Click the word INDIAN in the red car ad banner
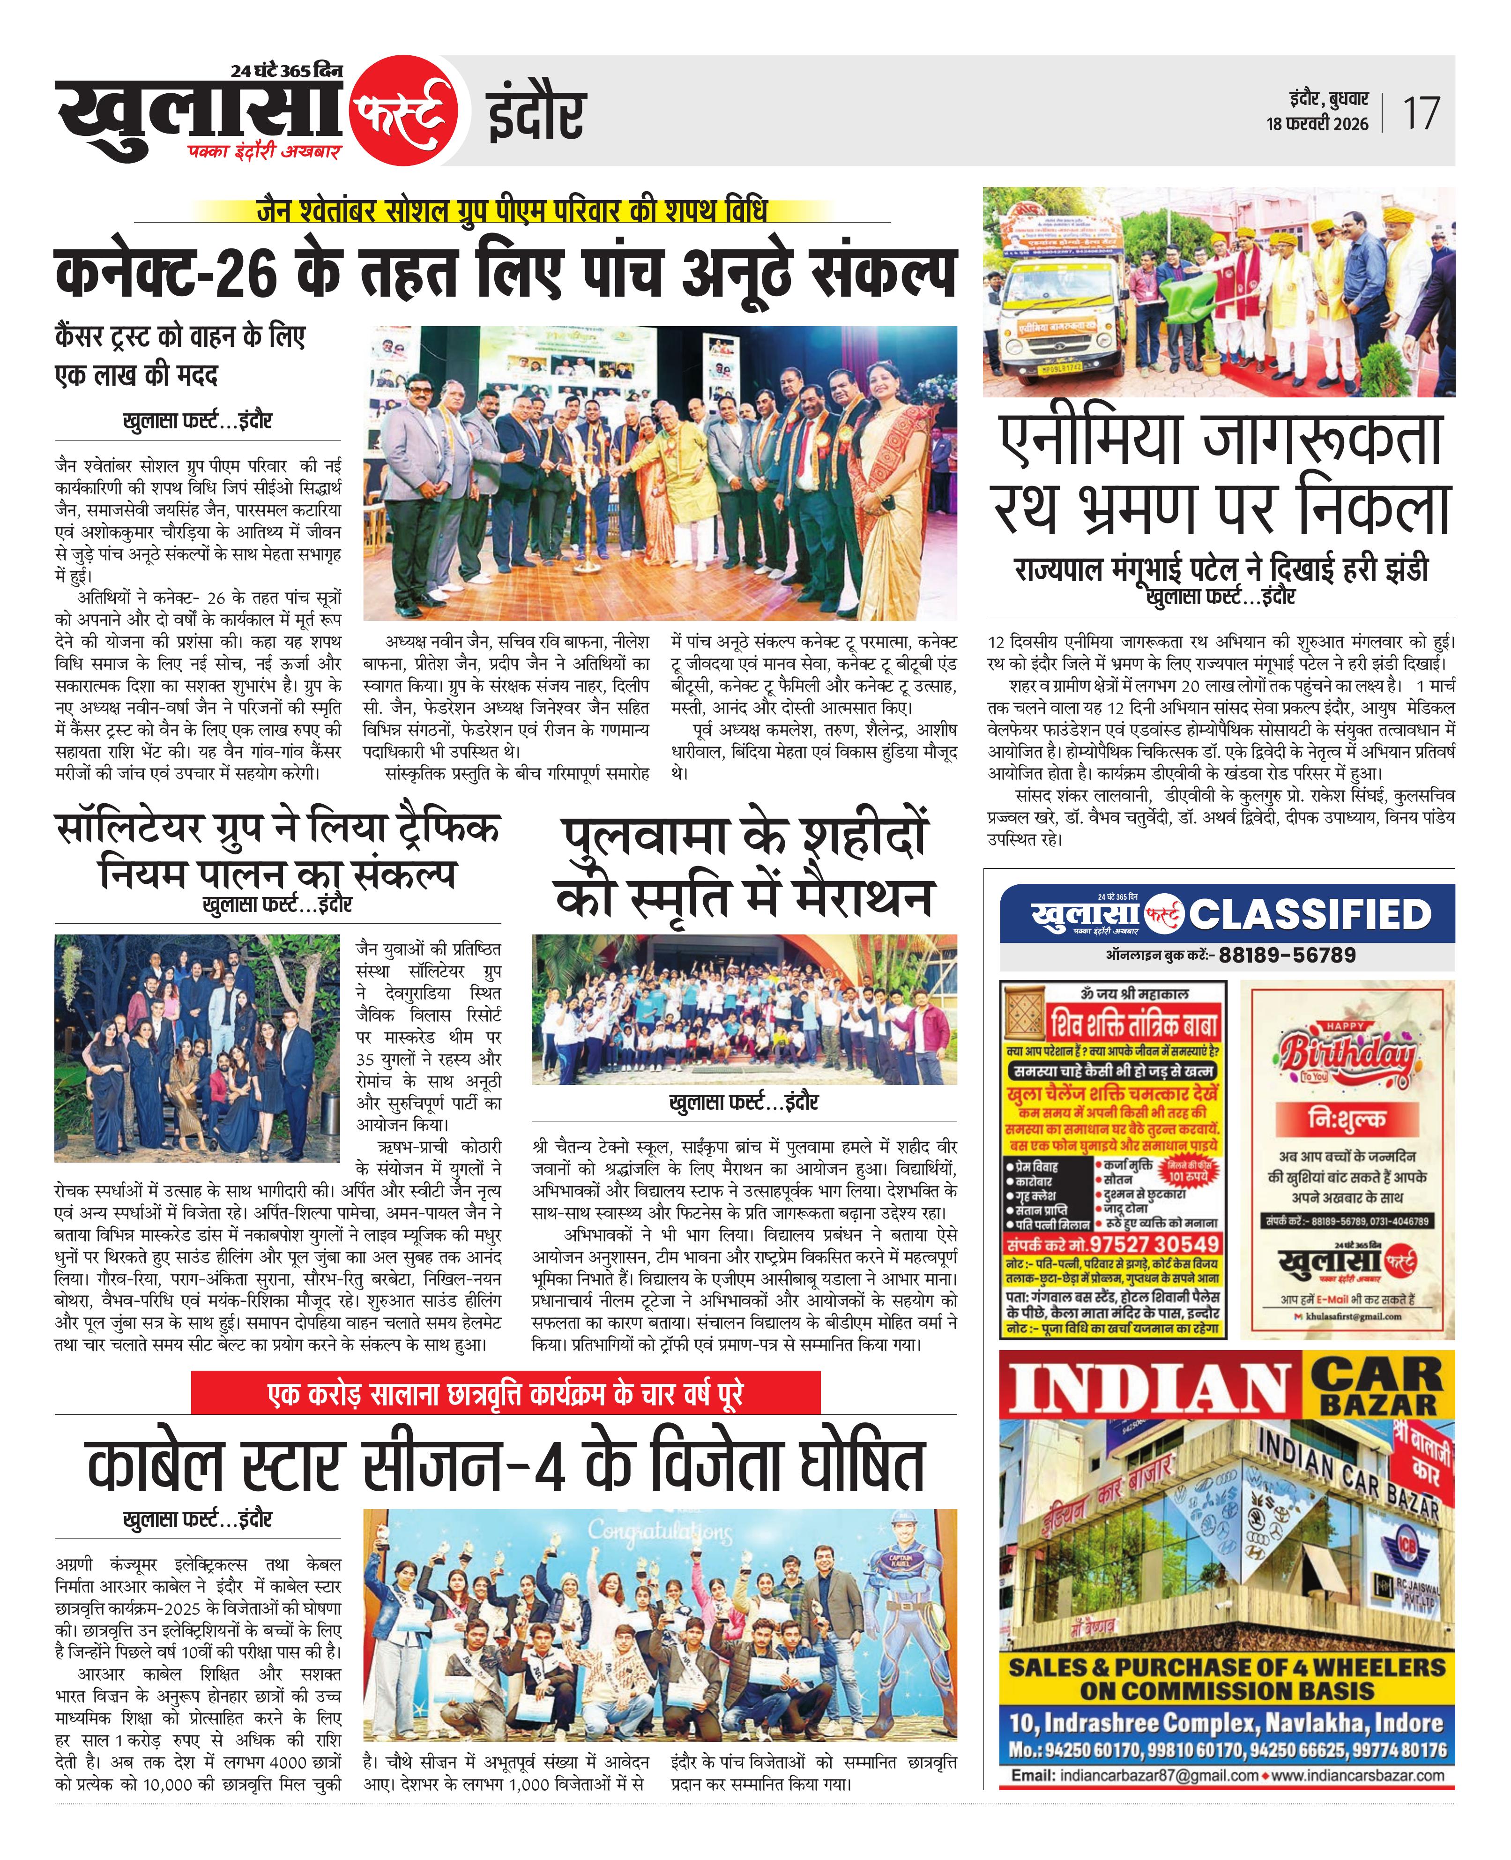[x=1151, y=1393]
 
